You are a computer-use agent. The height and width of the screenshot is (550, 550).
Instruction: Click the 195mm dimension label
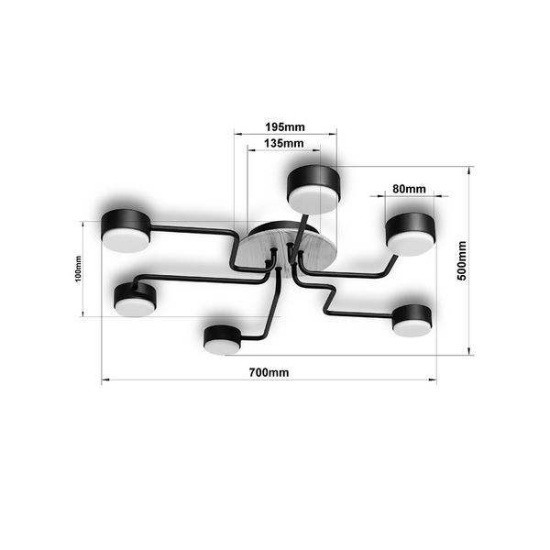tap(285, 126)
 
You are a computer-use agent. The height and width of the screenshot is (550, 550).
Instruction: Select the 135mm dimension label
tap(284, 143)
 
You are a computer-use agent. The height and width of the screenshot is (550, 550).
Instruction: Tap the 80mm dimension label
tap(409, 189)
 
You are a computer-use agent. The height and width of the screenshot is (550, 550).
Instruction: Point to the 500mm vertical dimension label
tap(462, 260)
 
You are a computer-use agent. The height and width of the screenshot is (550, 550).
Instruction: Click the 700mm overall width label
tap(269, 372)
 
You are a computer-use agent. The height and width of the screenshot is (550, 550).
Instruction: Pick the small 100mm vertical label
tap(78, 269)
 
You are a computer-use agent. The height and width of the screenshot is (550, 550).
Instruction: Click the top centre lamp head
tap(313, 190)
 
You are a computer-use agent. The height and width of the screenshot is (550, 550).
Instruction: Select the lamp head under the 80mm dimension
tap(411, 234)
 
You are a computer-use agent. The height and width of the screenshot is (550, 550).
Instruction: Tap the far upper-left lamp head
tap(126, 230)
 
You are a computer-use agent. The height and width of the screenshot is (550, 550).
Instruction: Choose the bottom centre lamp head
tap(223, 339)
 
